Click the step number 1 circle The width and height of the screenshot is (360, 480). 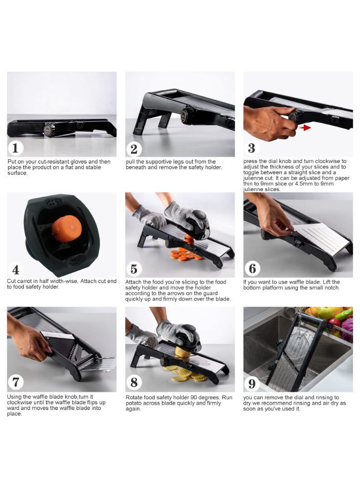[x=15, y=148]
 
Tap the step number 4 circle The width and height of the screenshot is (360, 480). [x=15, y=269]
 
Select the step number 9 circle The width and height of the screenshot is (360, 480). [x=252, y=383]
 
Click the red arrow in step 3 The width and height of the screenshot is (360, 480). [x=305, y=127]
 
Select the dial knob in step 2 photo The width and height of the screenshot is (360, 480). [x=185, y=115]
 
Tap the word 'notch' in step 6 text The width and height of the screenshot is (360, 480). [x=332, y=288]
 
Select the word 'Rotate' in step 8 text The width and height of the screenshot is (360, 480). [x=134, y=397]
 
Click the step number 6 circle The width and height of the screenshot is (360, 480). [x=252, y=269]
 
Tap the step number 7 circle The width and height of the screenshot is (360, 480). [x=15, y=382]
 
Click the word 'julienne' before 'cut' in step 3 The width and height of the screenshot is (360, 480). [x=254, y=178]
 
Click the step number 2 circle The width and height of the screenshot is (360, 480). [x=134, y=149]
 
